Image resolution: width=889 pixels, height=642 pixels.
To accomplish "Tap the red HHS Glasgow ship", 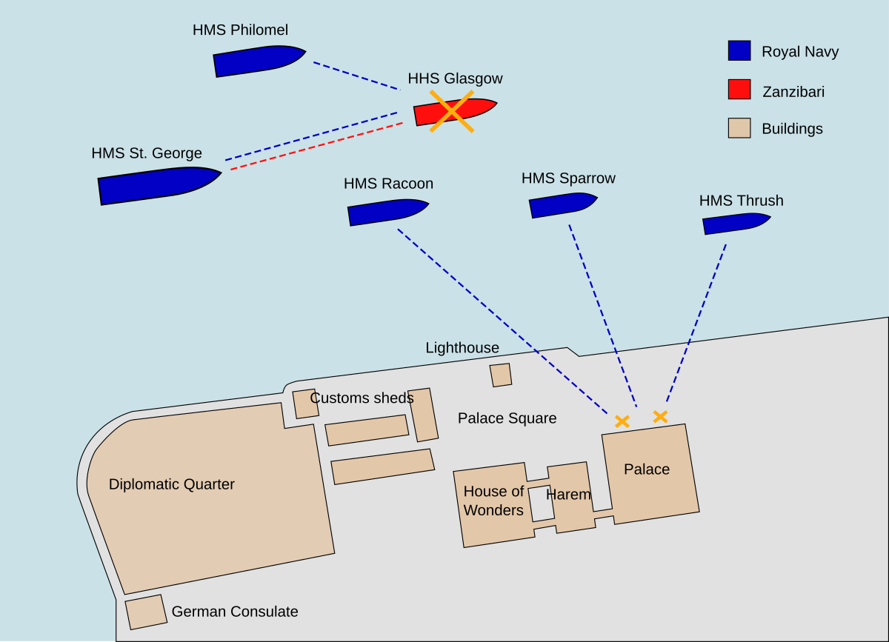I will [x=453, y=111].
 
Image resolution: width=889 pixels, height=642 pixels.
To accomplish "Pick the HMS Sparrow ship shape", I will [x=562, y=205].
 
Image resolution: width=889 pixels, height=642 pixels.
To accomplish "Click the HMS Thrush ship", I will [x=734, y=223].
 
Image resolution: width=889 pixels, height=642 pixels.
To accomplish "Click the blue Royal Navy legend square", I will [x=739, y=50].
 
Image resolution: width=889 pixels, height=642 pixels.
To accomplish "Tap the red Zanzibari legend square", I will [x=739, y=90].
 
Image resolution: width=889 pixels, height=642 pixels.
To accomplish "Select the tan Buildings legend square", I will [x=739, y=128].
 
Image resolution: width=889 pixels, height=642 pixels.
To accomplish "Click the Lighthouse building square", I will [x=501, y=375].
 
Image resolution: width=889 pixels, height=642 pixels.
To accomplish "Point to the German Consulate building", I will [x=145, y=612].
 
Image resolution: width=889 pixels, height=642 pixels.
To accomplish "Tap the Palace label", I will [x=646, y=469].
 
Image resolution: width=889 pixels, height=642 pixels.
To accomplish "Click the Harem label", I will [x=569, y=495].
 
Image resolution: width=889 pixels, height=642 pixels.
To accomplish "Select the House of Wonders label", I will [x=493, y=501].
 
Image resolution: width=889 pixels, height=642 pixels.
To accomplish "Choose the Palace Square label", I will [x=507, y=418].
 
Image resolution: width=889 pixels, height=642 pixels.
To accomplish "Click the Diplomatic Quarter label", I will [x=171, y=484].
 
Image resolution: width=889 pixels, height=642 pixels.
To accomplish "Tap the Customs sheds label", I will [x=362, y=398].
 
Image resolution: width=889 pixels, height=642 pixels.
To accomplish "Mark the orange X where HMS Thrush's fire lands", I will [x=660, y=417].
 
